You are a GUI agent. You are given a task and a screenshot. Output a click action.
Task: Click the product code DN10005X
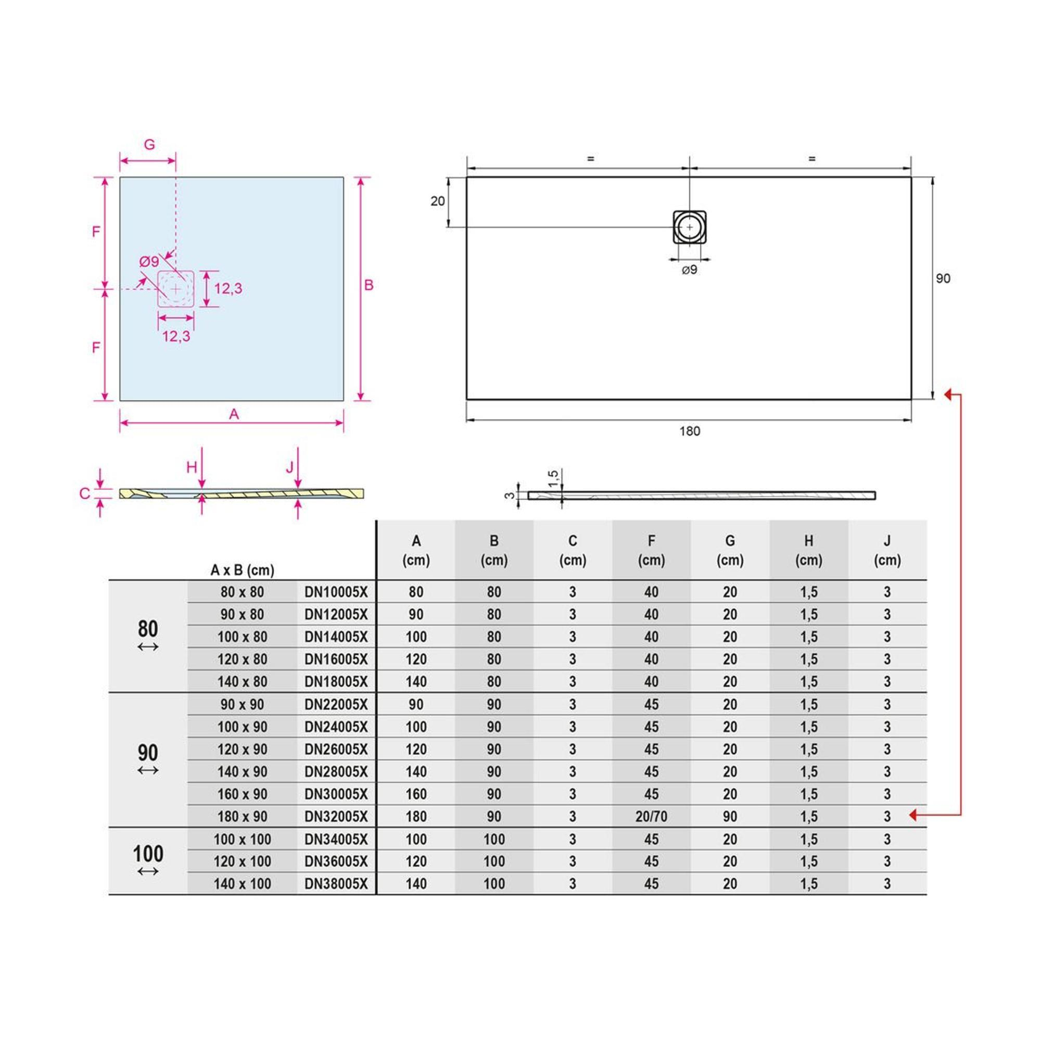[x=336, y=592]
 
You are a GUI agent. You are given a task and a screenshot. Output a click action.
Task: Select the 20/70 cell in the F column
[x=651, y=817]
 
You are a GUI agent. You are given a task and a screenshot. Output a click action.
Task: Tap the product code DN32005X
[x=336, y=817]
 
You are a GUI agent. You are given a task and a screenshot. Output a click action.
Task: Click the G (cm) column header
[x=730, y=550]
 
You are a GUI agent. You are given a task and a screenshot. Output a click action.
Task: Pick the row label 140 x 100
[x=242, y=884]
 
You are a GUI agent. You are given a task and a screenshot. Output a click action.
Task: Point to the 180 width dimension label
[x=690, y=431]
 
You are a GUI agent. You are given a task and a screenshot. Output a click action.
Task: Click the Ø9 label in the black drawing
[x=690, y=270]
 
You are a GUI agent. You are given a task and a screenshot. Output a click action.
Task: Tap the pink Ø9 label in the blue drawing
[x=149, y=262]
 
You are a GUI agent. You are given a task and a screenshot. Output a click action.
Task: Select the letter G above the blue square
[x=149, y=144]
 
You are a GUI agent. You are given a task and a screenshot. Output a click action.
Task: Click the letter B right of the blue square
[x=369, y=285]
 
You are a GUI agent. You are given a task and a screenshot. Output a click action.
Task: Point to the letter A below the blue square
[x=233, y=414]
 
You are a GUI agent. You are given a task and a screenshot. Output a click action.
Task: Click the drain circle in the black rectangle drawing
[x=690, y=227]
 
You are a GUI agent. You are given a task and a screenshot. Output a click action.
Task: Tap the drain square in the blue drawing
[x=175, y=289]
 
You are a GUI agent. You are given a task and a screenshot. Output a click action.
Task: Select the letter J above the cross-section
[x=290, y=467]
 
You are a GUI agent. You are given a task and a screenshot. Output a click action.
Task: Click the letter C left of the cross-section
[x=85, y=493]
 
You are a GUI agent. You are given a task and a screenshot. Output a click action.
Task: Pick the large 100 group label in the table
[x=148, y=854]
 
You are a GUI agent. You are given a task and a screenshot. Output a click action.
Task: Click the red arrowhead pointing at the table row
[x=913, y=815]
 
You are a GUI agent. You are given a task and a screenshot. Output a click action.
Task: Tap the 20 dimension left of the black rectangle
[x=438, y=201]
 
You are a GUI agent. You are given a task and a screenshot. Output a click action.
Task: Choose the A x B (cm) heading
[x=242, y=570]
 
